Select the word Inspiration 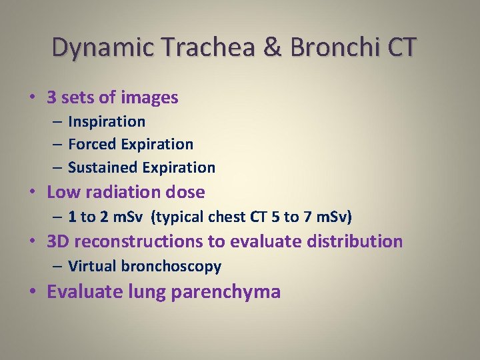[x=107, y=121]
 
